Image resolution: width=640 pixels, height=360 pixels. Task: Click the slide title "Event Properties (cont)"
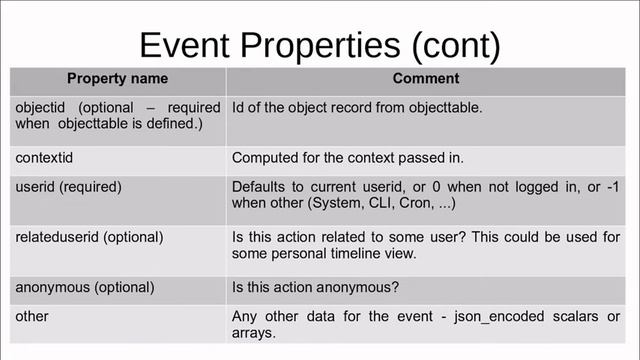pyautogui.click(x=319, y=45)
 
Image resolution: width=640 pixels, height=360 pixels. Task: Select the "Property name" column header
pyautogui.click(x=117, y=78)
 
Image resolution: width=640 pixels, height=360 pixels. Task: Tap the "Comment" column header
pyautogui.click(x=426, y=78)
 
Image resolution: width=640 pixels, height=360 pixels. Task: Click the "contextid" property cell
pyautogui.click(x=46, y=157)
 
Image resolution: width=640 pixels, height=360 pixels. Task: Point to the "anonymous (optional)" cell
pyautogui.click(x=85, y=287)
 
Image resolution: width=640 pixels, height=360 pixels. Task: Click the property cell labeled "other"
pyautogui.click(x=32, y=316)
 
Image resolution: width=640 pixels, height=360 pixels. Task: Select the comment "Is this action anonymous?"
pyautogui.click(x=316, y=287)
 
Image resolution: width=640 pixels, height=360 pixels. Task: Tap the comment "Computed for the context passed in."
pyautogui.click(x=349, y=157)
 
